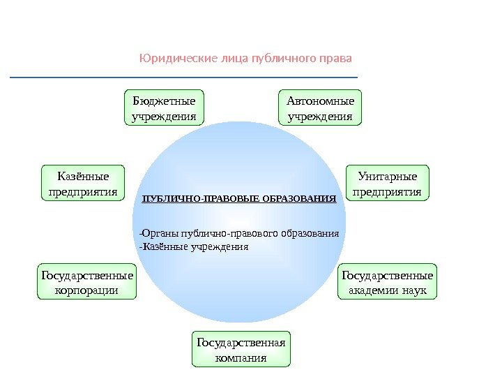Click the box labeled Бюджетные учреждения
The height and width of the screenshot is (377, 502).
point(164,107)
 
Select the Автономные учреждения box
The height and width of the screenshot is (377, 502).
point(321,107)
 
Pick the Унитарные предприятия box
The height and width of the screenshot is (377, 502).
point(388,183)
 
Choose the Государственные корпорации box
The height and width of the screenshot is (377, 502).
point(86,281)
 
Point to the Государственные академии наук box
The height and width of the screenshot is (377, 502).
point(387,281)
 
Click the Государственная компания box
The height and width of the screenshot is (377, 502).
point(241,350)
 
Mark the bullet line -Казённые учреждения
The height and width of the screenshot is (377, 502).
point(194,246)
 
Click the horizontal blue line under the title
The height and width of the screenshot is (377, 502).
point(183,77)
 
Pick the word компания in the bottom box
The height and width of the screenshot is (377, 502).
point(241,358)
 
